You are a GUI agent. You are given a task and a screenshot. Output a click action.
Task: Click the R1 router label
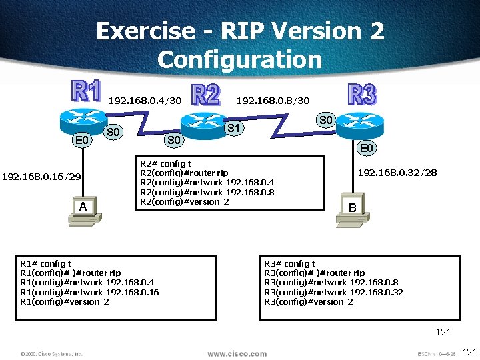pos(86,91)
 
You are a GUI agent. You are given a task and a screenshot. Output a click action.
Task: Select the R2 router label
pos(205,95)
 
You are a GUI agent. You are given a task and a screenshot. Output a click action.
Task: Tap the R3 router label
pos(362,94)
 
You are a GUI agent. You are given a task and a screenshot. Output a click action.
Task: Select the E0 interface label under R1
pos(82,141)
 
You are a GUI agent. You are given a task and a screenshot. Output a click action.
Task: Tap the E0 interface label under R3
pos(367,149)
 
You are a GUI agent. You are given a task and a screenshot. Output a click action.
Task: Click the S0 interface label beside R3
pos(325,121)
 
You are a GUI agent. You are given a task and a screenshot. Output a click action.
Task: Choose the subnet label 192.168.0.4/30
pos(144,101)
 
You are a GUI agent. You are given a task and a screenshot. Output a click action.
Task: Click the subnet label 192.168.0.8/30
pos(273,101)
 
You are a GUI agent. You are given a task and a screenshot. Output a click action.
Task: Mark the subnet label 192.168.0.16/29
pos(41,177)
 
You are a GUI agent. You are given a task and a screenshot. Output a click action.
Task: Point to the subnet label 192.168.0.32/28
pos(397,173)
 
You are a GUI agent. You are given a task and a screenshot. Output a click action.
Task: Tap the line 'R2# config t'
pos(165,164)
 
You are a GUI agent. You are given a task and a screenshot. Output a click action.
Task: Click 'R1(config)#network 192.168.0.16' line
pos(89,292)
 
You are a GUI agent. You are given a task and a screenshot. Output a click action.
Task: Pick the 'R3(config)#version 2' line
pos(309,301)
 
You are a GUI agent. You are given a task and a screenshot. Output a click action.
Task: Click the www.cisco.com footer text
pos(237,353)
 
